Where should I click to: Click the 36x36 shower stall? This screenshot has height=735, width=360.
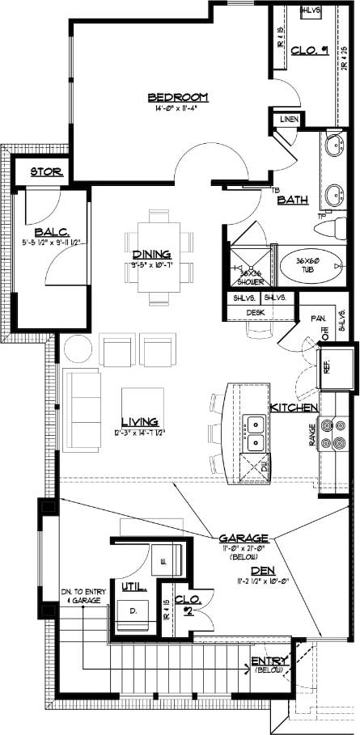click(x=249, y=264)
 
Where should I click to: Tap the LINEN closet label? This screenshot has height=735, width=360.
click(x=289, y=120)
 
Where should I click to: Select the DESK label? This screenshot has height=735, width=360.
click(x=256, y=311)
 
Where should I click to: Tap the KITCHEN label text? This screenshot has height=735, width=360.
click(x=294, y=407)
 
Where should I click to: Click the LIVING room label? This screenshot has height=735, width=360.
click(x=139, y=421)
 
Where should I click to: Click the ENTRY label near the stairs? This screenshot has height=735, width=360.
click(x=265, y=661)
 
